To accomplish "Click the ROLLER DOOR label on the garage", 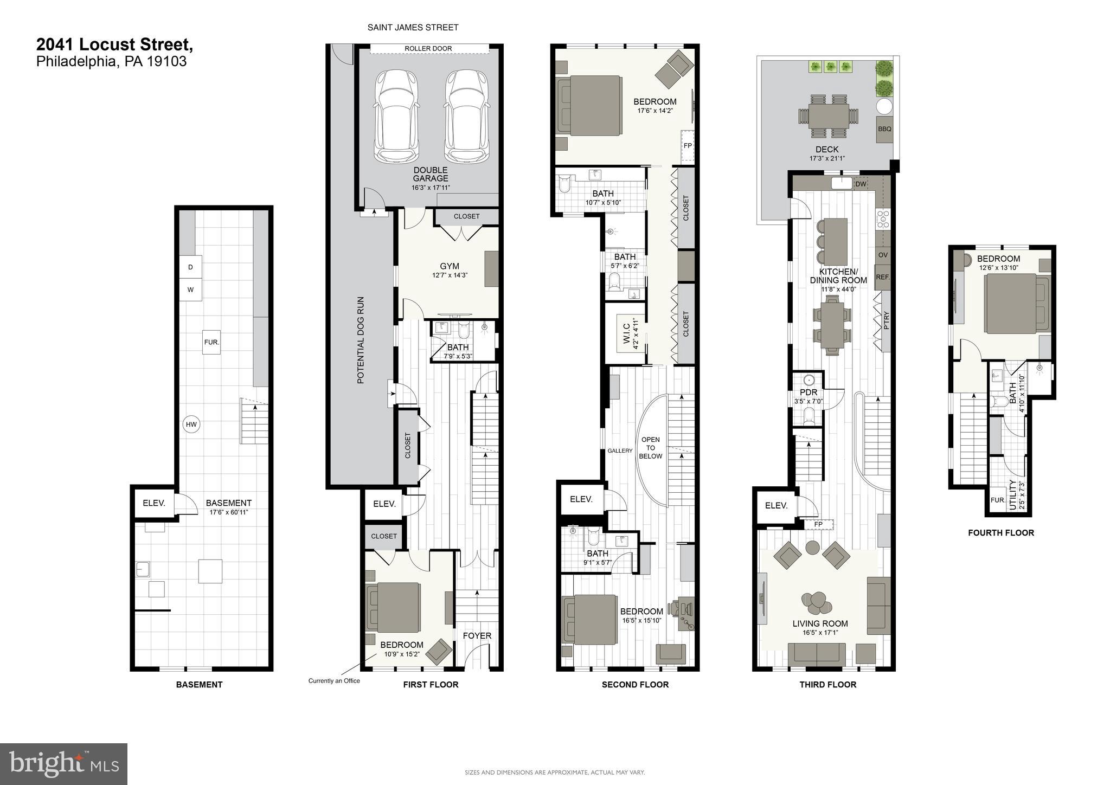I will point(428,48).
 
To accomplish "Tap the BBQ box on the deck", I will point(884,129).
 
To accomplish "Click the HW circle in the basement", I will point(191,424).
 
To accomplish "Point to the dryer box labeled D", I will point(190,267).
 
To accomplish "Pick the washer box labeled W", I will point(190,289).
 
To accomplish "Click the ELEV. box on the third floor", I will point(776,505).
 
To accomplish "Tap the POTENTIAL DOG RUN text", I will point(361,340).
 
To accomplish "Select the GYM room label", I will point(450,266).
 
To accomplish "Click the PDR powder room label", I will point(808,392).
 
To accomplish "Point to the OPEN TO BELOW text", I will point(650,448).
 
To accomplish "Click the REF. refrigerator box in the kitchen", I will point(883,277).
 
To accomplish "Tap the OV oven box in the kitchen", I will point(883,255).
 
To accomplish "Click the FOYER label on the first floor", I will point(477,635).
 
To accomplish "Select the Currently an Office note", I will point(334,681).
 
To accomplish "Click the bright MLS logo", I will point(63,764).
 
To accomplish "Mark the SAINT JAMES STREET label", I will point(413,27).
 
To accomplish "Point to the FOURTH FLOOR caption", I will point(1000,533).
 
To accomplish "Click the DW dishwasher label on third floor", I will point(861,184).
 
